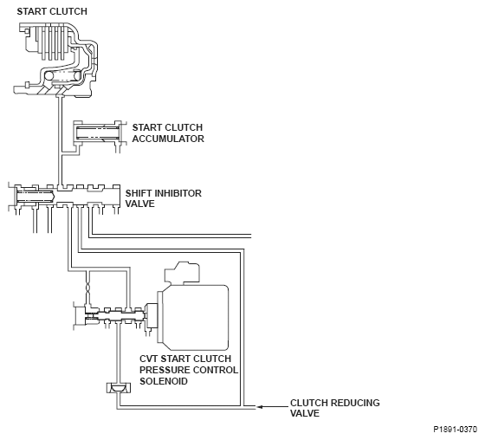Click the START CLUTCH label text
(x=52, y=11)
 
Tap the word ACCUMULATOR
(x=168, y=139)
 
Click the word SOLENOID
(x=164, y=381)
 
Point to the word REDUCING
(x=355, y=403)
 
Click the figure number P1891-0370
(x=455, y=430)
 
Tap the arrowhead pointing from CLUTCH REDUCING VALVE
(x=259, y=406)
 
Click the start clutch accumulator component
(x=97, y=133)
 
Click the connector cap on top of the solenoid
(x=182, y=273)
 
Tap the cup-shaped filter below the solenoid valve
(x=119, y=388)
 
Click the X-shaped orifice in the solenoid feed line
(x=87, y=288)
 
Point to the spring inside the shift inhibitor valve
(x=35, y=196)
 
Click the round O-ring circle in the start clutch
(x=48, y=76)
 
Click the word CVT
(x=149, y=359)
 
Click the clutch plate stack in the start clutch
(x=51, y=43)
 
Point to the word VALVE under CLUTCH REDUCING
(x=305, y=413)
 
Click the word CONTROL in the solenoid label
(x=216, y=370)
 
